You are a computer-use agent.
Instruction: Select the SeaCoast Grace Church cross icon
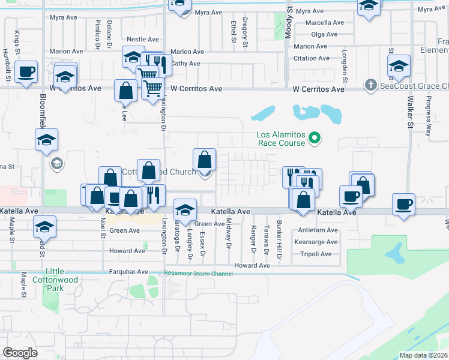[371, 85]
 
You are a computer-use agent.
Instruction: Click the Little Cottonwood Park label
[57, 278]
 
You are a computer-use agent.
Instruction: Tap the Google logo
[20, 353]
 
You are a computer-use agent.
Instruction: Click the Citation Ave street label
[311, 58]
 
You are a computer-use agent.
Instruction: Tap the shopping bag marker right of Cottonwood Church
[205, 161]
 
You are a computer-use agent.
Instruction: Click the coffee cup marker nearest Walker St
[403, 205]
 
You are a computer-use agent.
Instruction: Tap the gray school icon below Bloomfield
[57, 163]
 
